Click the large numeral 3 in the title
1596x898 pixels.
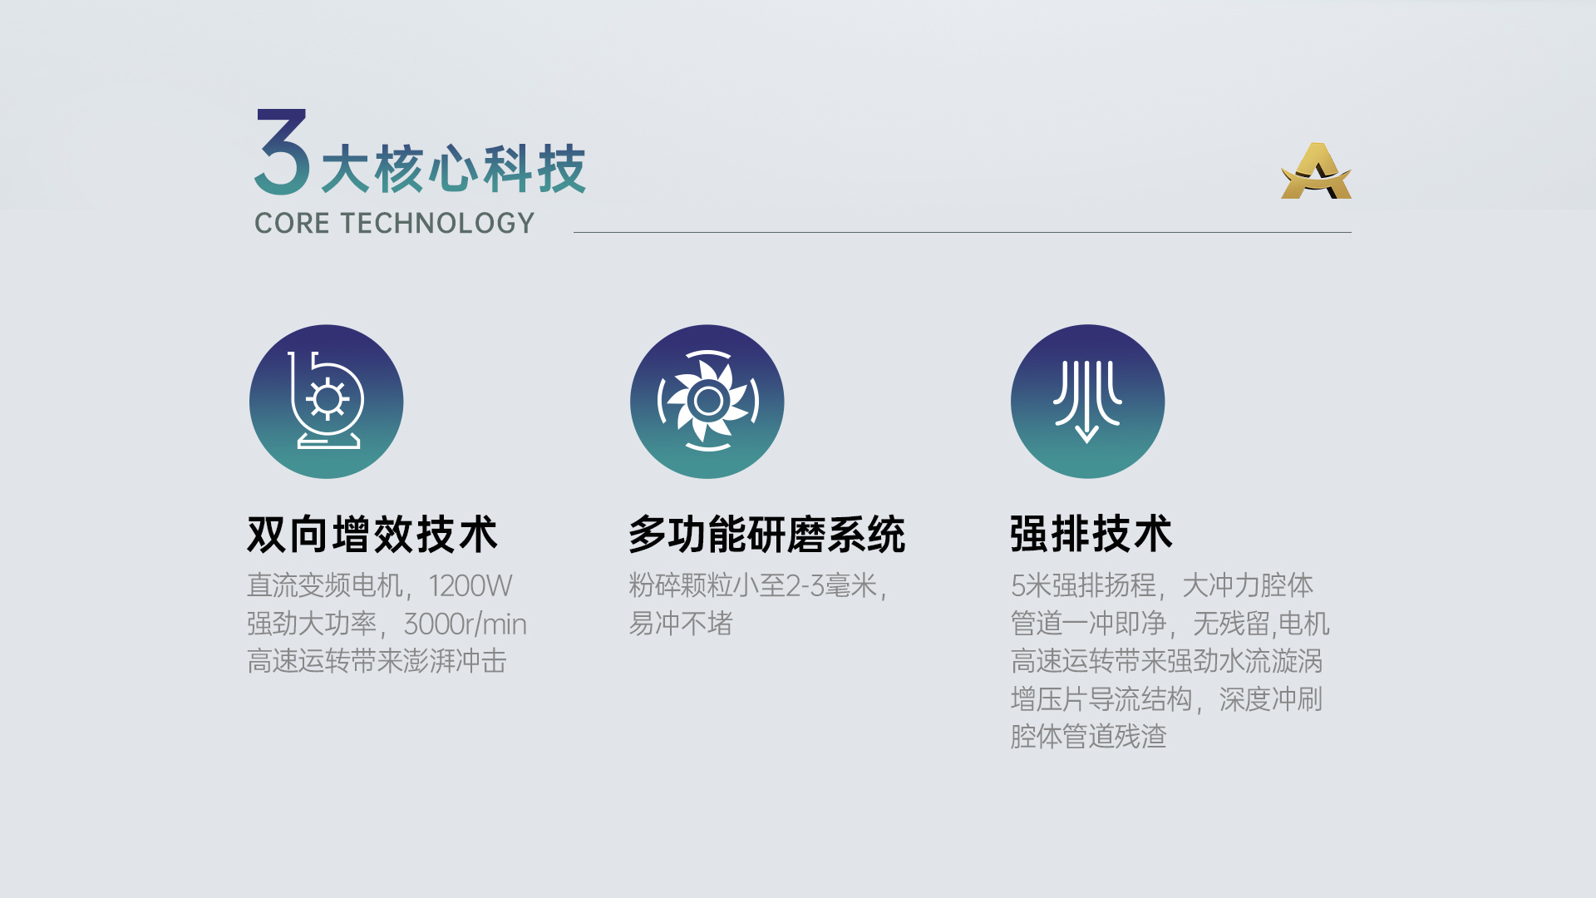(x=283, y=151)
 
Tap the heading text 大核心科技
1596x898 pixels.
(x=454, y=169)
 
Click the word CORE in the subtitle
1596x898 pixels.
(x=292, y=223)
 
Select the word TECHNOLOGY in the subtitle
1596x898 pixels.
(x=437, y=223)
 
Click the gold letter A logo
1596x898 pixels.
(x=1316, y=171)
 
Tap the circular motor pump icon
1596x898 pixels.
(x=326, y=402)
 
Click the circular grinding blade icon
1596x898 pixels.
(x=707, y=402)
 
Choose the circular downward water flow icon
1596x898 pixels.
(x=1087, y=402)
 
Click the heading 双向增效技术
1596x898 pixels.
(x=372, y=534)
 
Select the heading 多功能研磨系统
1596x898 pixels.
(x=766, y=534)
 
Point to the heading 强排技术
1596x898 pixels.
(x=1091, y=534)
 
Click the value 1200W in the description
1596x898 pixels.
(x=470, y=585)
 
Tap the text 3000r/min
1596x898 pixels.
(x=465, y=624)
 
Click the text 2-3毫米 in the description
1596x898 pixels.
(x=831, y=585)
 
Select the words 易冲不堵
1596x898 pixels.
(x=681, y=624)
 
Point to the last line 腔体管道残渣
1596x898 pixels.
(x=1089, y=737)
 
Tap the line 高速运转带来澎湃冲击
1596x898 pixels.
(x=377, y=661)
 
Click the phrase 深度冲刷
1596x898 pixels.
(x=1271, y=699)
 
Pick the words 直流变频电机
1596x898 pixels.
(x=325, y=585)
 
